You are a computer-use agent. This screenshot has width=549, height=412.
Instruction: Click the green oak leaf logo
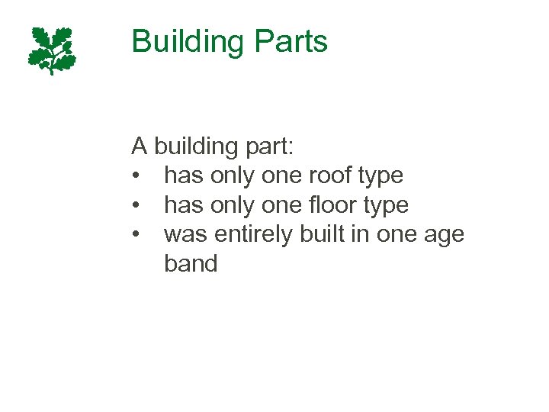tap(53, 50)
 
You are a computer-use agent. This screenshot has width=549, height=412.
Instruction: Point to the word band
tap(191, 264)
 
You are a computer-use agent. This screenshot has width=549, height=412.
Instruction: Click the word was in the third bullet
tap(186, 234)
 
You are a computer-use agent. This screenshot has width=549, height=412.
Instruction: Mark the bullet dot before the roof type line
tap(136, 176)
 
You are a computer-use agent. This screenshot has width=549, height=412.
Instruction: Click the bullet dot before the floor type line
tap(136, 206)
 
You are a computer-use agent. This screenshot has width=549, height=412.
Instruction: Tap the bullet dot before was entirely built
tap(136, 236)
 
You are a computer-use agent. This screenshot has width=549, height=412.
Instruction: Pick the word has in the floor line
tap(184, 204)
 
